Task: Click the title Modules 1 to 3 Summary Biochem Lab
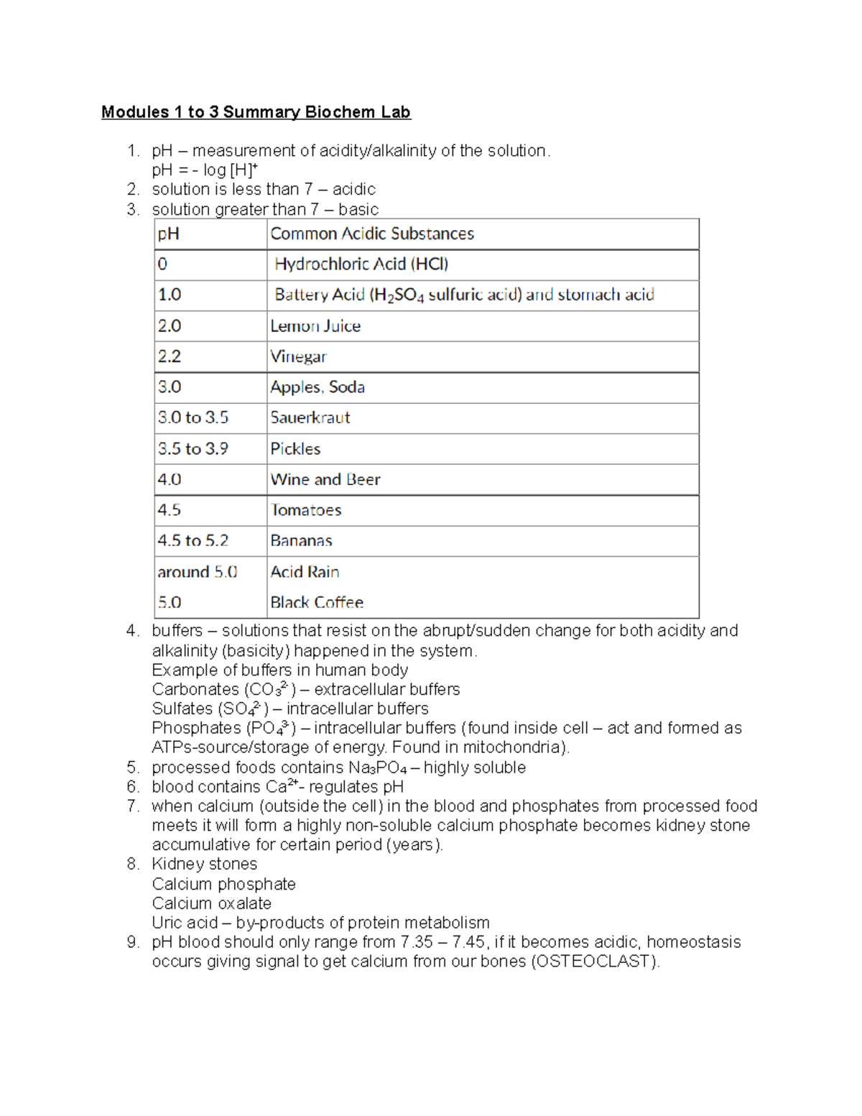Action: pyautogui.click(x=256, y=112)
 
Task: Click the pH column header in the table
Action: pyautogui.click(x=169, y=234)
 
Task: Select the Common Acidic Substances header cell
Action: pyautogui.click(x=372, y=234)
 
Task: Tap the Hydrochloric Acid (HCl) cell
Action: pyautogui.click(x=361, y=264)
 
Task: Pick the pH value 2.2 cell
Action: pyautogui.click(x=170, y=356)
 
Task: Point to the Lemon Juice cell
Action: pyautogui.click(x=315, y=326)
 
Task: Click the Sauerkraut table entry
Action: pyautogui.click(x=310, y=418)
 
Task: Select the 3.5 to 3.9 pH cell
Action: pyautogui.click(x=193, y=449)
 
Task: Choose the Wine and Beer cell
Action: pyautogui.click(x=325, y=480)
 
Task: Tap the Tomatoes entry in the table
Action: pyautogui.click(x=306, y=510)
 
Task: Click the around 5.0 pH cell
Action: pyautogui.click(x=198, y=572)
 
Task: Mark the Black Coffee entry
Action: pyautogui.click(x=317, y=602)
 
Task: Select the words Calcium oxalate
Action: pyautogui.click(x=212, y=903)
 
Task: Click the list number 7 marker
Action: pyautogui.click(x=133, y=806)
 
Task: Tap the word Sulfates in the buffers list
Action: pyautogui.click(x=182, y=709)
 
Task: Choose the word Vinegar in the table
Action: pyautogui.click(x=298, y=356)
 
